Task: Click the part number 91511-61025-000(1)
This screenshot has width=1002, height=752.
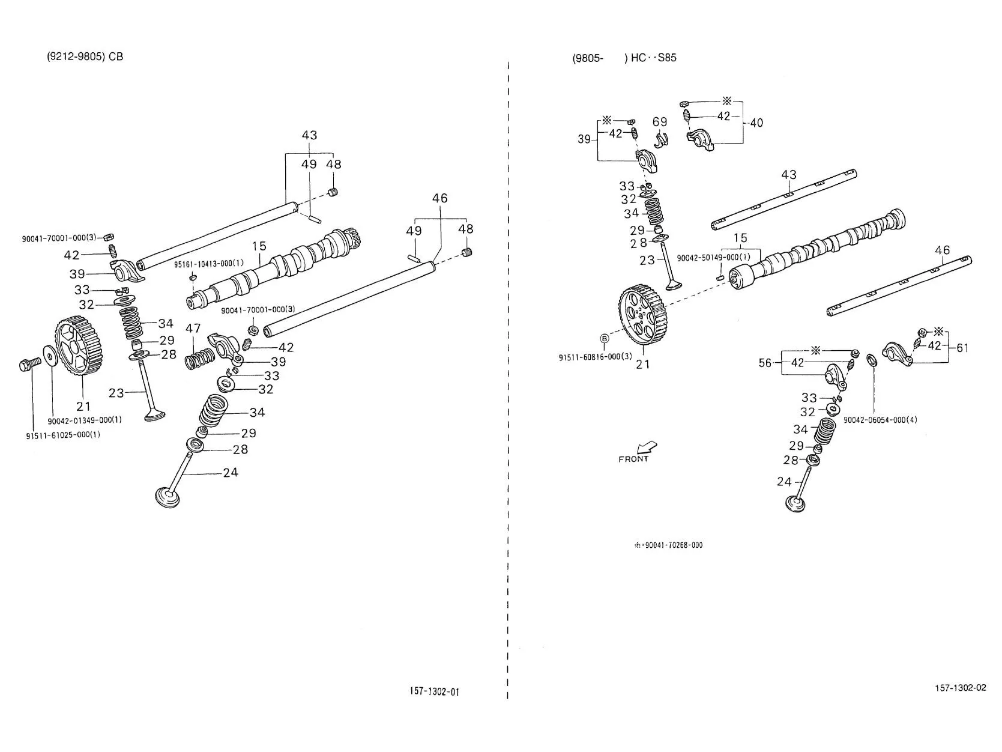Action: [x=62, y=435]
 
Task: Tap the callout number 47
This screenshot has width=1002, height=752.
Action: [x=193, y=329]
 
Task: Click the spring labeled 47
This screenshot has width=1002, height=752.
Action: [x=199, y=359]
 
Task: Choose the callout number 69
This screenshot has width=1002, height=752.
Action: [x=660, y=122]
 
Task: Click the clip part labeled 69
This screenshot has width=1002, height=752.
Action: [x=660, y=140]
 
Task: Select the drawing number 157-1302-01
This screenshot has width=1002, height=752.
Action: [x=433, y=691]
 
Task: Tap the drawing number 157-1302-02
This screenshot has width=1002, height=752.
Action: [x=960, y=688]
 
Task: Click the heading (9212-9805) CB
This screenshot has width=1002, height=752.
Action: [x=85, y=56]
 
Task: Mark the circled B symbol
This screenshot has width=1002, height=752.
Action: [x=604, y=338]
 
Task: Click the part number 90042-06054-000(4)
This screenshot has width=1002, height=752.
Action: [x=880, y=420]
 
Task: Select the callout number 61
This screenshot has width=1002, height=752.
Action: [x=962, y=348]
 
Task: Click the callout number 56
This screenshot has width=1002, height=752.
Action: [x=765, y=363]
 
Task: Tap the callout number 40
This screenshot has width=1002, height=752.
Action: [x=756, y=123]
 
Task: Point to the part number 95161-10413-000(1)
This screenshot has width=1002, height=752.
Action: [x=208, y=264]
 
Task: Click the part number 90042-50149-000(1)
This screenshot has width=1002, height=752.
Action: [x=713, y=258]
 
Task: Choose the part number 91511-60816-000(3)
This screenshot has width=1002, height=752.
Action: [x=596, y=357]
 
